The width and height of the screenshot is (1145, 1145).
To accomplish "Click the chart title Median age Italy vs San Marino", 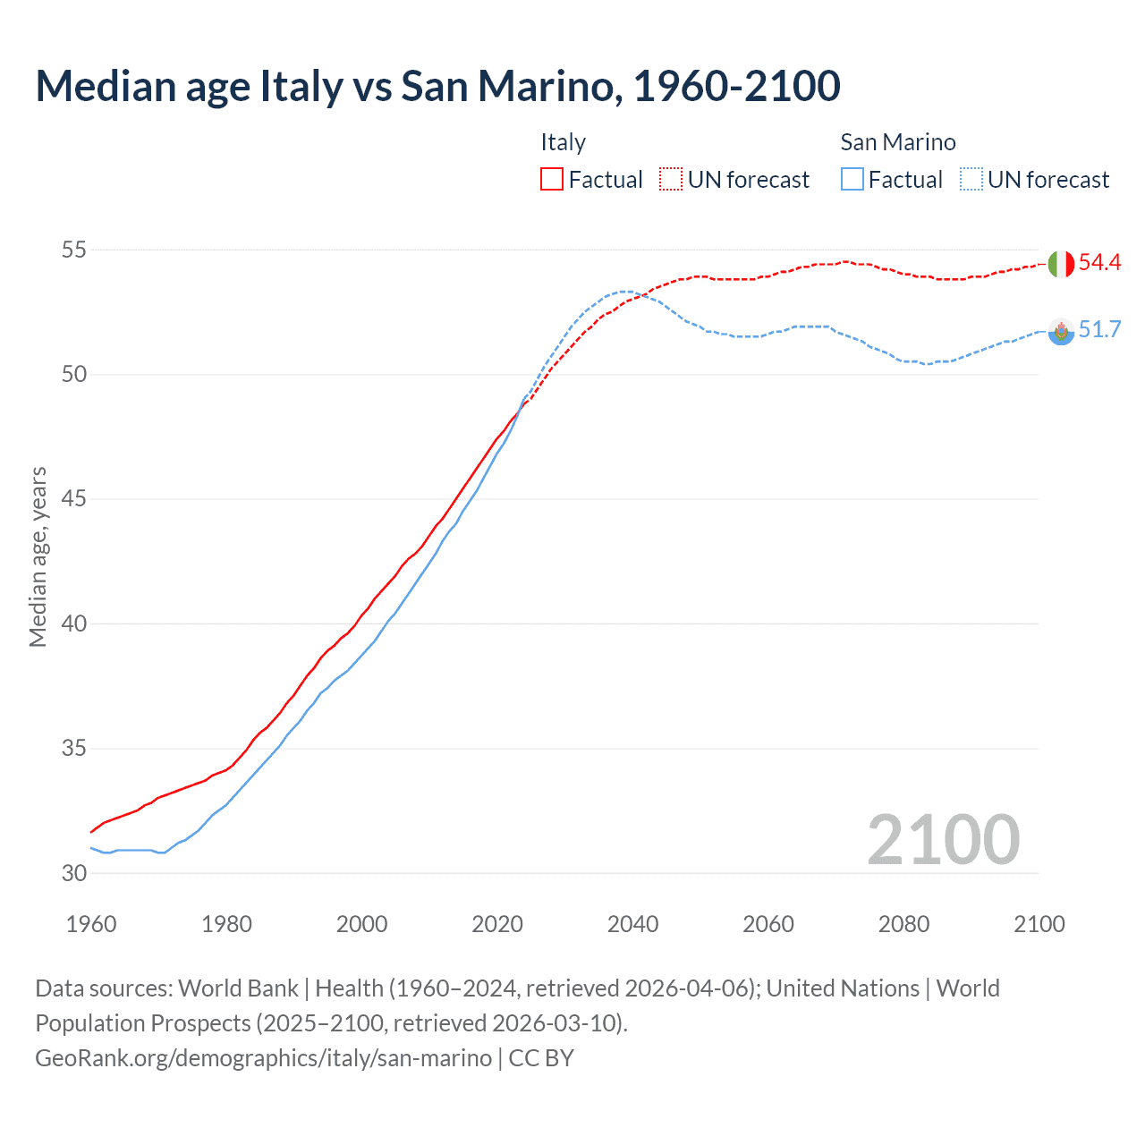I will pos(437,86).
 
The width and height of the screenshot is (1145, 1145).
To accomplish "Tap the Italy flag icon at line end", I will pos(1060,264).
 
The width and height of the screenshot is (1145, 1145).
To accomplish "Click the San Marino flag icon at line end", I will pos(1060,332).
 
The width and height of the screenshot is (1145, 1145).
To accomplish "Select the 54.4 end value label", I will pos(1099,262).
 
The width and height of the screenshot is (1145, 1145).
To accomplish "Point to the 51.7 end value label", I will pos(1099,330).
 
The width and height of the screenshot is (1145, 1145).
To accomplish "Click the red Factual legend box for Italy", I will pos(552,180).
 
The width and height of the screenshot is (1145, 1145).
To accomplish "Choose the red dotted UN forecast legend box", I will pos(671,180).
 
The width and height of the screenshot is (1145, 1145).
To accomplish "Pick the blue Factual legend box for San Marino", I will pos(852,180).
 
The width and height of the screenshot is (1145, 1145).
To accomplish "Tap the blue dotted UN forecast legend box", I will pos(971,180).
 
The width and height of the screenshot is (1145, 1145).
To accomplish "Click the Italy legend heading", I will pos(563,142).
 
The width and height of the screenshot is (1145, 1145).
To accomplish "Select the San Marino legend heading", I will pos(897,142).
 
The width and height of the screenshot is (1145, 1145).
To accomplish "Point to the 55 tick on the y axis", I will pos(73,250).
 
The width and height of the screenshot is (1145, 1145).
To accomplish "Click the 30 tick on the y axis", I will pos(73,873).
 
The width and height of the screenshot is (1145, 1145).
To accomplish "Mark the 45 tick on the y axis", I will pos(73,499).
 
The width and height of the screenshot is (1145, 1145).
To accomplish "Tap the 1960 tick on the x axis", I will pos(91,924).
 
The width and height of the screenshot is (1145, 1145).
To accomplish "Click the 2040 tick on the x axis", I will pos(632,924).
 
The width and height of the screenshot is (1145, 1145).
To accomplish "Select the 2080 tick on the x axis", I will pos(903,924).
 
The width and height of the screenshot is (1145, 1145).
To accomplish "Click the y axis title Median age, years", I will pos(38,556).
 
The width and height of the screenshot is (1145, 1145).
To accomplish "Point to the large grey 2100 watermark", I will pos(943,839).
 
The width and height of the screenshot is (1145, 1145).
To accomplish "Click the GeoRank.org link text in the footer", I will pos(263,1058).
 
